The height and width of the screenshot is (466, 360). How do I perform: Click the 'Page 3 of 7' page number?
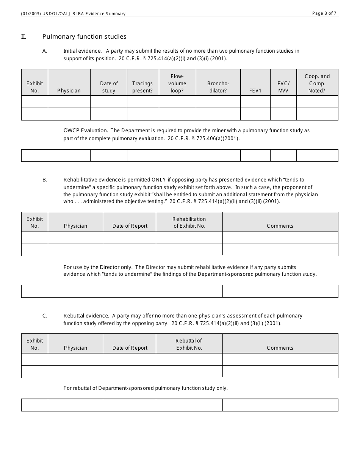coord(324,13)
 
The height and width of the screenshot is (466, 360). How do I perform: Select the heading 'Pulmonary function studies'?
coord(84,37)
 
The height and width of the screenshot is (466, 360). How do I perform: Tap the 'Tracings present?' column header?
coord(142,87)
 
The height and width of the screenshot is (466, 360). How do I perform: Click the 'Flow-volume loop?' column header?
coord(177,83)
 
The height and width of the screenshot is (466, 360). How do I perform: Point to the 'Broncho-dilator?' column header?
coord(218,87)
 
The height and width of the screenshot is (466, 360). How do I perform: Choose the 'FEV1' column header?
coord(255,91)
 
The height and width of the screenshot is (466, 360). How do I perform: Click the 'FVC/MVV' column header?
coord(283,87)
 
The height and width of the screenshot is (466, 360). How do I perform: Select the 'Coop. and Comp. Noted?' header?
coord(317,83)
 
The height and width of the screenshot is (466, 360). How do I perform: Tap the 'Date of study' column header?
coord(109,87)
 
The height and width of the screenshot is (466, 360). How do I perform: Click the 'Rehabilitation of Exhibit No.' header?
coord(189,222)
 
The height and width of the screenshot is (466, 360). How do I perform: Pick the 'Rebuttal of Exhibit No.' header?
coord(189,344)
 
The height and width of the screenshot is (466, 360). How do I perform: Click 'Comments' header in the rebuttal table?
coord(280,348)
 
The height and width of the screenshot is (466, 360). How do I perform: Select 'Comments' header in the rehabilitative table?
coord(280,226)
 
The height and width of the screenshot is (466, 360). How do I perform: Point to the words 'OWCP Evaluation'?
coord(86,131)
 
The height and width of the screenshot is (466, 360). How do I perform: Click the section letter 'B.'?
coord(45,180)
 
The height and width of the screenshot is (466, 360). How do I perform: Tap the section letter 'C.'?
coord(45,316)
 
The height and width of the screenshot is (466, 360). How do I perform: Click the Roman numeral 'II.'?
coord(23,37)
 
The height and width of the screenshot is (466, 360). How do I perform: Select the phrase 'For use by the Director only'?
coord(98,267)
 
